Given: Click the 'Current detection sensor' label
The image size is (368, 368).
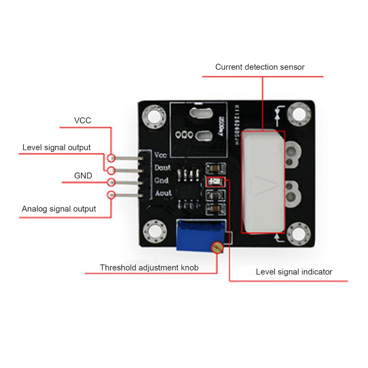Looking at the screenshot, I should click(260, 67).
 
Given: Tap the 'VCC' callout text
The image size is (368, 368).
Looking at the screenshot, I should click(82, 120).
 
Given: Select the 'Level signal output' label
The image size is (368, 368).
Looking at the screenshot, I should click(56, 148).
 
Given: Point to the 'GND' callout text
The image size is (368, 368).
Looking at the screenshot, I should click(83, 176).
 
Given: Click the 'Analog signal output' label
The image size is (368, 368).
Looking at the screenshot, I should click(59, 209).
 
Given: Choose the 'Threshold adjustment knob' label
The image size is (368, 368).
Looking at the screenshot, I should click(149, 268).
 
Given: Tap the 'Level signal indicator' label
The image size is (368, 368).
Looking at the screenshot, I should click(294, 272).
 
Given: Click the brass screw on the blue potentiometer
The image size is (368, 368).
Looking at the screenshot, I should click(217, 247).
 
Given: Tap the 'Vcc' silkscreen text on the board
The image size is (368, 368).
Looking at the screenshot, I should click(160, 155).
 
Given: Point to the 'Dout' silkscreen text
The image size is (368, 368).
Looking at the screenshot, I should click(162, 168).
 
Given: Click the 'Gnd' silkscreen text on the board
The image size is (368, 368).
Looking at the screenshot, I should click(161, 180).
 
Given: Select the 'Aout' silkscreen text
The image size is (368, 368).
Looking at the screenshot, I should click(163, 193).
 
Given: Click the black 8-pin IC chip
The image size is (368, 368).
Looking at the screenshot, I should click(188, 188).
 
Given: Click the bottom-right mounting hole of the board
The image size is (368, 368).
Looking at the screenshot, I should click(298, 234).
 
